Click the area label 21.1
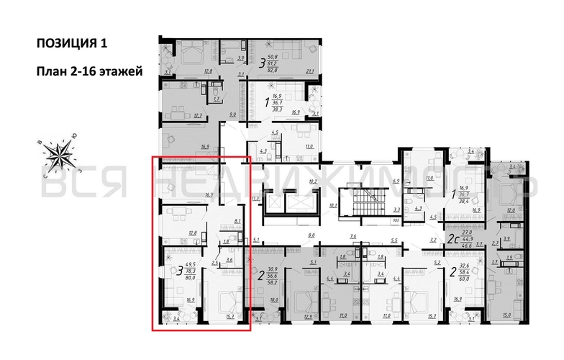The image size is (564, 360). pyautogui.click(x=311, y=71)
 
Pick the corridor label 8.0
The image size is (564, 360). pyautogui.click(x=312, y=235)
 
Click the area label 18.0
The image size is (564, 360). pyautogui.click(x=273, y=300)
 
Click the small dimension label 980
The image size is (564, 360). pyautogui.click(x=396, y=221)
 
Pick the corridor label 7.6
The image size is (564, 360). pyautogui.click(x=353, y=236)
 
